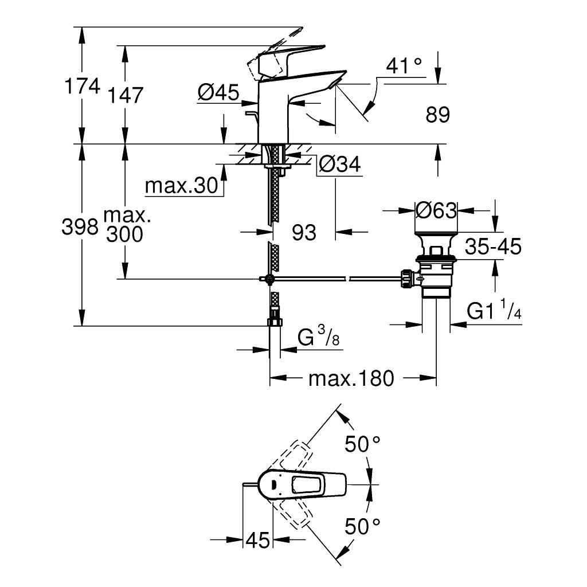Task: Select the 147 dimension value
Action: (124, 95)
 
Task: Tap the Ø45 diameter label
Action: (218, 93)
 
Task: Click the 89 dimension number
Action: (438, 115)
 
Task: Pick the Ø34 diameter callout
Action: (339, 165)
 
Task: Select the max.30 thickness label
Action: (181, 186)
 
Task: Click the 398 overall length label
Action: (80, 228)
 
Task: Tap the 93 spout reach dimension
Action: (304, 232)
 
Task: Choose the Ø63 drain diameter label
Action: (436, 211)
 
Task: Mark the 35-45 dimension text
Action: (492, 247)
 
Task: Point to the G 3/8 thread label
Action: (319, 338)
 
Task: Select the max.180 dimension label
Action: (351, 378)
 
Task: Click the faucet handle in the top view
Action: (307, 485)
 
